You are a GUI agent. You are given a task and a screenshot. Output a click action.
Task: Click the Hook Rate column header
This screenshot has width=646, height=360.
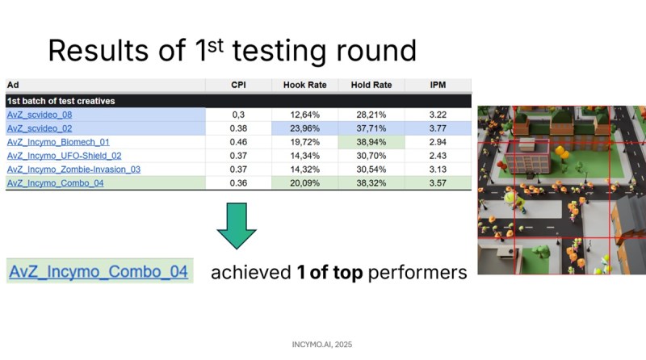(305, 85)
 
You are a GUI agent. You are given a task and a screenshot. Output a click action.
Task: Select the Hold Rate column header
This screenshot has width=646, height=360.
(371, 85)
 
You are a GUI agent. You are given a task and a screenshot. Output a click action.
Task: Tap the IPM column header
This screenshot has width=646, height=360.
(438, 85)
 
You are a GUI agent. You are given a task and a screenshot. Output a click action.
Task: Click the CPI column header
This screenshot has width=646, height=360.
(238, 85)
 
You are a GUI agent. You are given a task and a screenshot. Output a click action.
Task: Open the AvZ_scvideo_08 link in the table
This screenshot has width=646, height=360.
(40, 115)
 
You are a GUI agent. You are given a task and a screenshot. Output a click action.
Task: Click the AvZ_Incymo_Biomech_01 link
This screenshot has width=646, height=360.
(58, 142)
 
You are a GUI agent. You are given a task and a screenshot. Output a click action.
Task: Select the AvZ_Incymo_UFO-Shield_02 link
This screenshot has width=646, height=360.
(65, 156)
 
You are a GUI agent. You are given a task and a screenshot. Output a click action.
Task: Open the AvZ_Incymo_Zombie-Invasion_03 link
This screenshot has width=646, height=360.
(73, 170)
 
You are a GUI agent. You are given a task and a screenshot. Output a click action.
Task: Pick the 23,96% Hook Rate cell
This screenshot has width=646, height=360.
(305, 128)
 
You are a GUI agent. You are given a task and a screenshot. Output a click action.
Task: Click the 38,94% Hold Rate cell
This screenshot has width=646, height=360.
(371, 142)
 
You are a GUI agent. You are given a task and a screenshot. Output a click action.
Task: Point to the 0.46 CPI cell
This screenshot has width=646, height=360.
(238, 142)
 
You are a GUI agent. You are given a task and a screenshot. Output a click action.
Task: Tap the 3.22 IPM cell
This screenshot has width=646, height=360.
(438, 115)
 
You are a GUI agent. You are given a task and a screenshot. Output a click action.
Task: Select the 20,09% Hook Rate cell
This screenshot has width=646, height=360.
(305, 183)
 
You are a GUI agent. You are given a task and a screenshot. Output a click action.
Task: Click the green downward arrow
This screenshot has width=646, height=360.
(237, 226)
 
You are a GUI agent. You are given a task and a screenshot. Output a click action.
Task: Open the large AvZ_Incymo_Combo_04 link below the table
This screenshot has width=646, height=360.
(99, 271)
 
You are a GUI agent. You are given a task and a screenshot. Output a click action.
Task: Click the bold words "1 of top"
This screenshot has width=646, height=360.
(329, 272)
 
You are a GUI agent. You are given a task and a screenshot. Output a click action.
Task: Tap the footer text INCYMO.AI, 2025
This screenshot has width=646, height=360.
(322, 345)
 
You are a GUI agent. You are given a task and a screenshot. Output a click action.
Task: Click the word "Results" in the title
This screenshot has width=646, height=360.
(98, 51)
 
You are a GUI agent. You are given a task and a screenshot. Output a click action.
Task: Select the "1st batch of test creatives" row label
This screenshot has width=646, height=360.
(61, 101)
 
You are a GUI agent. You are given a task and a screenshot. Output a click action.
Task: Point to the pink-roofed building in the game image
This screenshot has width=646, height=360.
(528, 156)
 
